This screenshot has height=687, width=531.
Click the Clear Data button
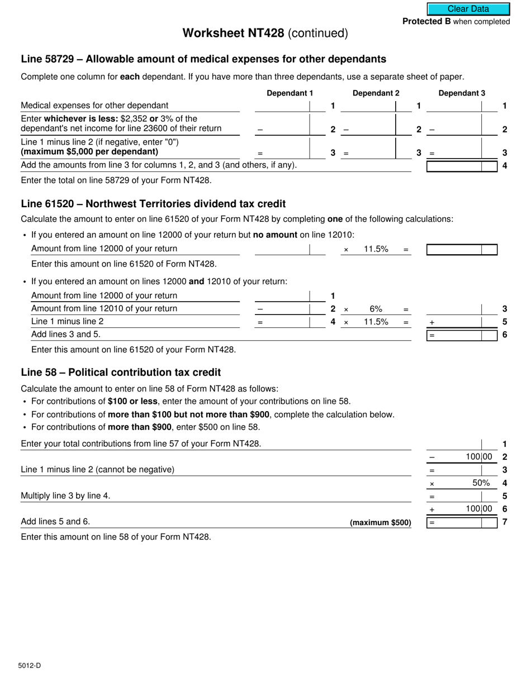(468, 9)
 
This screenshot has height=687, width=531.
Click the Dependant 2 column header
(376, 93)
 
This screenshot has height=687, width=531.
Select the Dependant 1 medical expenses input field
(282, 106)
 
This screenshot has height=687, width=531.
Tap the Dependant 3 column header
(462, 93)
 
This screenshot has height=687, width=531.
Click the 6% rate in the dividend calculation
(376, 309)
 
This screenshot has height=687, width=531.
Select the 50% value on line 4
(481, 483)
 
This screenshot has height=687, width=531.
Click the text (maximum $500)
(380, 523)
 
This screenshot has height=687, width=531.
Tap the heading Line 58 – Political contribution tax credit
(121, 373)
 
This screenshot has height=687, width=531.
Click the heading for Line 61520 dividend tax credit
(153, 204)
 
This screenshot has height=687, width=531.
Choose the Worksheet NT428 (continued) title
(265, 34)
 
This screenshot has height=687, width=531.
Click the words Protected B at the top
(426, 22)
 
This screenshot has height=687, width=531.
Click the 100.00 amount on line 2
(479, 457)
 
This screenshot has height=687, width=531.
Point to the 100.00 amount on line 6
(479, 509)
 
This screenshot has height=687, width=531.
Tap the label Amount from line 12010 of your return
(104, 309)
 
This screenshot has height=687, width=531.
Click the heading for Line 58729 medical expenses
(203, 59)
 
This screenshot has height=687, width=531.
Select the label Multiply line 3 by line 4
(65, 496)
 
